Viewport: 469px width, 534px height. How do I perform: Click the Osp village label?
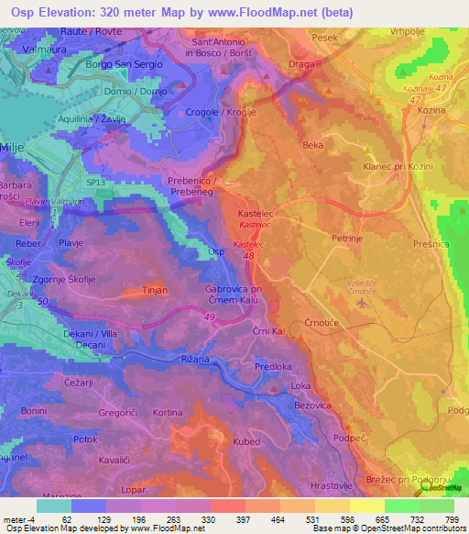[x=216, y=250]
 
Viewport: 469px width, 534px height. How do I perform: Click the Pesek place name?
[x=325, y=38]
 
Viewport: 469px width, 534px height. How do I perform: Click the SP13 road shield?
[x=96, y=183]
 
